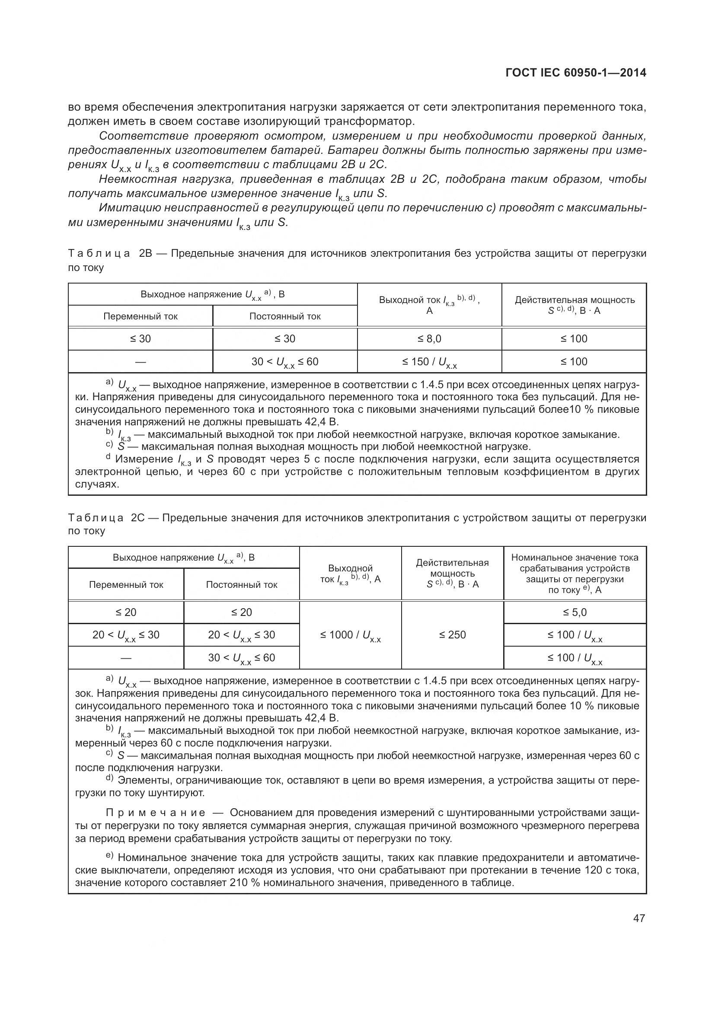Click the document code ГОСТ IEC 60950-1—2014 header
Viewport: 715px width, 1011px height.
[576, 73]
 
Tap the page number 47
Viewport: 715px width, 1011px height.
[639, 918]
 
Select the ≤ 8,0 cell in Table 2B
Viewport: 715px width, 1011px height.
[429, 338]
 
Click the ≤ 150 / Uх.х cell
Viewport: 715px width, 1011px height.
[429, 362]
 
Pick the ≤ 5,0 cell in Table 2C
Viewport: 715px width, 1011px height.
[575, 612]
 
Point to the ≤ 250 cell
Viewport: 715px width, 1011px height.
[452, 635]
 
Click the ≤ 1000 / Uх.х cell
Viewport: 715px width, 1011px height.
[350, 635]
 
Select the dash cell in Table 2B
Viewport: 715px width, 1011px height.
[140, 362]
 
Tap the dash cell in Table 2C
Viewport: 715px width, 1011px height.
[126, 658]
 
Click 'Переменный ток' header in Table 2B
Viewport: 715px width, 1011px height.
[140, 316]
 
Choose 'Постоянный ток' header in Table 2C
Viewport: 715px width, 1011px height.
[242, 585]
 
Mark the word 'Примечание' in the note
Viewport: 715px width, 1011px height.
[156, 813]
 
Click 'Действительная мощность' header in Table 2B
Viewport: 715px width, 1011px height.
[575, 300]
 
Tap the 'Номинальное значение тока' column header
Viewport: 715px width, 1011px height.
[575, 558]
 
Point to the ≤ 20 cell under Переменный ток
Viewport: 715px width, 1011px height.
[126, 612]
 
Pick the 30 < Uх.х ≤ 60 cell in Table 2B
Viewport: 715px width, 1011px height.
[285, 362]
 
